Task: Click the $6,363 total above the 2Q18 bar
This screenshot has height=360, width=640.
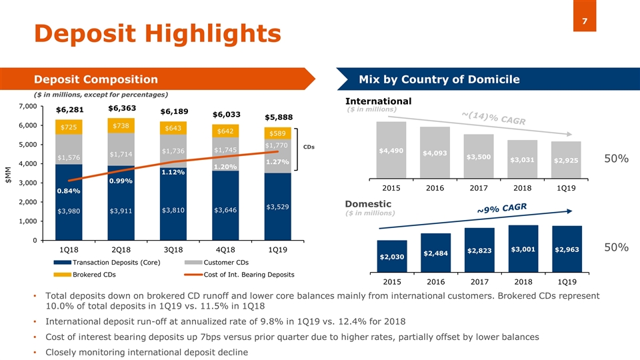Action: [121, 108]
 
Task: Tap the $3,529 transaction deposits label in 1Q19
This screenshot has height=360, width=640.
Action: [277, 207]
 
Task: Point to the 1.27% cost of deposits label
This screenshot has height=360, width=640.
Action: [276, 161]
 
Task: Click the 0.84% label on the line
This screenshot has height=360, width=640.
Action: [69, 191]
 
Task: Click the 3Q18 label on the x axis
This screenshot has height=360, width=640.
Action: [173, 250]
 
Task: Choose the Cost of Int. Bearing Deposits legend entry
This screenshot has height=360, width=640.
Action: [249, 274]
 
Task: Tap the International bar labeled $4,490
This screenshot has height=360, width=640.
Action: [391, 151]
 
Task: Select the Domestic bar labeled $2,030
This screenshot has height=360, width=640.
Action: [391, 257]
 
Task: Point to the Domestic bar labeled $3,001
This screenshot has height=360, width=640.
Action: [523, 249]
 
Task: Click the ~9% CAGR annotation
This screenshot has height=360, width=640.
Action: [501, 209]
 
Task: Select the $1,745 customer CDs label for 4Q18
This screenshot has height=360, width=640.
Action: [225, 149]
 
